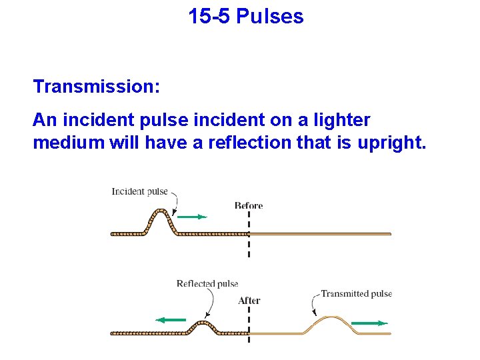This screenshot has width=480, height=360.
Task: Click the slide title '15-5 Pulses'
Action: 245,16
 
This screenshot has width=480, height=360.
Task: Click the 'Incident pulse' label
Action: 139,192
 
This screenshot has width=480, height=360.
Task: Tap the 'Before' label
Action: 249,205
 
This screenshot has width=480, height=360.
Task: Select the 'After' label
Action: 249,301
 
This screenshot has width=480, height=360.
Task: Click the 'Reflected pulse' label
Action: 207,284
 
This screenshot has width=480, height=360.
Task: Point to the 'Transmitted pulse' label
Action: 356,293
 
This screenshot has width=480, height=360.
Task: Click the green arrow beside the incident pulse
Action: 193,217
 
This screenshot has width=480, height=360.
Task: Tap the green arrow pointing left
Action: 171,320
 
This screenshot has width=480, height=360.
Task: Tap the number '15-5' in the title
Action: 209,16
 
